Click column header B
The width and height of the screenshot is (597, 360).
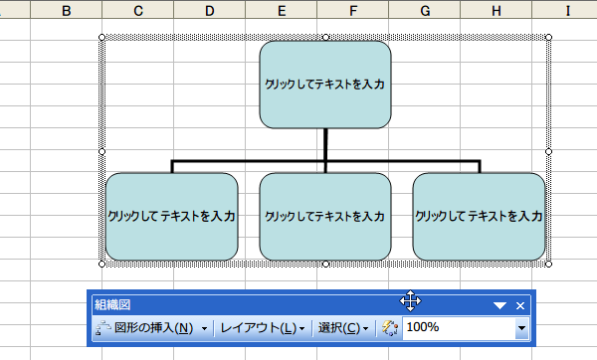point(66,11)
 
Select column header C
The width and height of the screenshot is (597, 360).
point(137,11)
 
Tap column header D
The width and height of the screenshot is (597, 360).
point(210,11)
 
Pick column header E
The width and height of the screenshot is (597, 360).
point(283,11)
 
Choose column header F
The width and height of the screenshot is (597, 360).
point(354,11)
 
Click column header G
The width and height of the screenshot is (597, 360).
point(426,11)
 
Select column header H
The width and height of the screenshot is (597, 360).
point(496,11)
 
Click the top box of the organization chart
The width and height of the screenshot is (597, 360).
point(325,86)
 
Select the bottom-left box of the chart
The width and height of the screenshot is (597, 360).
point(172,216)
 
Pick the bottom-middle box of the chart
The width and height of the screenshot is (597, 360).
point(325,216)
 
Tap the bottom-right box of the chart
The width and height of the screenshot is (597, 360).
point(479,216)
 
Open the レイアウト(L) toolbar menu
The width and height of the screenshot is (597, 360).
point(262,328)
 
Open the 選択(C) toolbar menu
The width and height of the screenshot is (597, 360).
point(342,328)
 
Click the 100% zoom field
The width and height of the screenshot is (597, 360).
point(458,328)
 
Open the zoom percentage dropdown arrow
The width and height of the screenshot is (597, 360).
point(521,328)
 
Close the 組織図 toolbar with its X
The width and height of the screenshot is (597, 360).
point(521,305)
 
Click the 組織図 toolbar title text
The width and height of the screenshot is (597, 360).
point(111,305)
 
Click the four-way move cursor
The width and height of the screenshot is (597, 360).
point(412,301)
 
